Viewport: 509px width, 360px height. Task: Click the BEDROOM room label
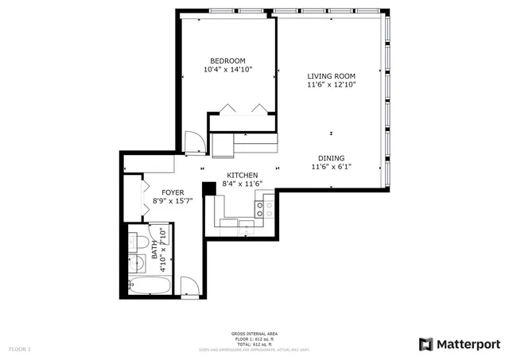tap(227, 61)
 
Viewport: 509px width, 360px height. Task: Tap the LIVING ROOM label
tap(332, 76)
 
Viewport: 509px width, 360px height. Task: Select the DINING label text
tap(332, 158)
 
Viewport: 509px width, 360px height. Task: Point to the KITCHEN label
tap(243, 175)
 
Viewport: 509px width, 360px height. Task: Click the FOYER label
tap(174, 192)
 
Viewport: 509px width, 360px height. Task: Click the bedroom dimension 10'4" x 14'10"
tap(227, 70)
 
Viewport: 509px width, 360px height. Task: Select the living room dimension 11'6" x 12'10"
tap(332, 85)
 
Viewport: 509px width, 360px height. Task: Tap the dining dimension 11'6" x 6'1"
tap(332, 167)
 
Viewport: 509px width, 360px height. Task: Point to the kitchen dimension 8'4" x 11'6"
tap(243, 184)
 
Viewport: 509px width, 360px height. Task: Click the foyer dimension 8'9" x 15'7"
tap(174, 201)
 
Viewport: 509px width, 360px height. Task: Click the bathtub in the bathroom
tap(149, 285)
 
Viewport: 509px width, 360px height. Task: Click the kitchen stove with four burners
tap(264, 209)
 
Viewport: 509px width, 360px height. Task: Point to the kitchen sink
tap(246, 226)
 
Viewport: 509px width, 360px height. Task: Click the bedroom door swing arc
tap(192, 142)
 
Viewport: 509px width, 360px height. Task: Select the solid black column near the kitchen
tap(209, 188)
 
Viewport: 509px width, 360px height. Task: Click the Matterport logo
tap(459, 343)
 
